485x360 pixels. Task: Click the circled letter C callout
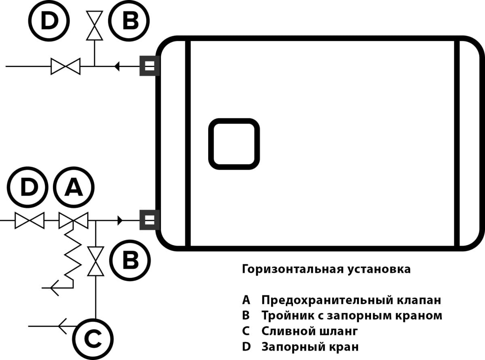click(93, 339)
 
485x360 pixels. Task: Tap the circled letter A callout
click(74, 187)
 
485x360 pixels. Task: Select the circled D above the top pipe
click(49, 21)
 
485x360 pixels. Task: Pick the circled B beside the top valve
click(129, 21)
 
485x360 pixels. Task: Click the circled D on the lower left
click(27, 187)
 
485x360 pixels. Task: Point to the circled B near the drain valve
click(130, 260)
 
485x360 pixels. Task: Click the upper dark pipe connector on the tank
click(150, 66)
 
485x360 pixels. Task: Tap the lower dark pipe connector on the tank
click(150, 220)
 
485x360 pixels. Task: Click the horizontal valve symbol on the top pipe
click(65, 66)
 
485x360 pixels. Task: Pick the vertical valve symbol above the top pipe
click(95, 25)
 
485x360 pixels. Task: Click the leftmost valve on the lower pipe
click(30, 220)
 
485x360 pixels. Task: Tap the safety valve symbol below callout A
click(74, 220)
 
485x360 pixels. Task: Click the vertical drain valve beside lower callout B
click(95, 261)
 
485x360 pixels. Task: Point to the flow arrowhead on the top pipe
click(117, 66)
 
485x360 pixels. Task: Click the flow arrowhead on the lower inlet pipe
click(120, 220)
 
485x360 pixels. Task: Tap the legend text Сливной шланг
click(310, 331)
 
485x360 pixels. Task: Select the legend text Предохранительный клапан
click(351, 300)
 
